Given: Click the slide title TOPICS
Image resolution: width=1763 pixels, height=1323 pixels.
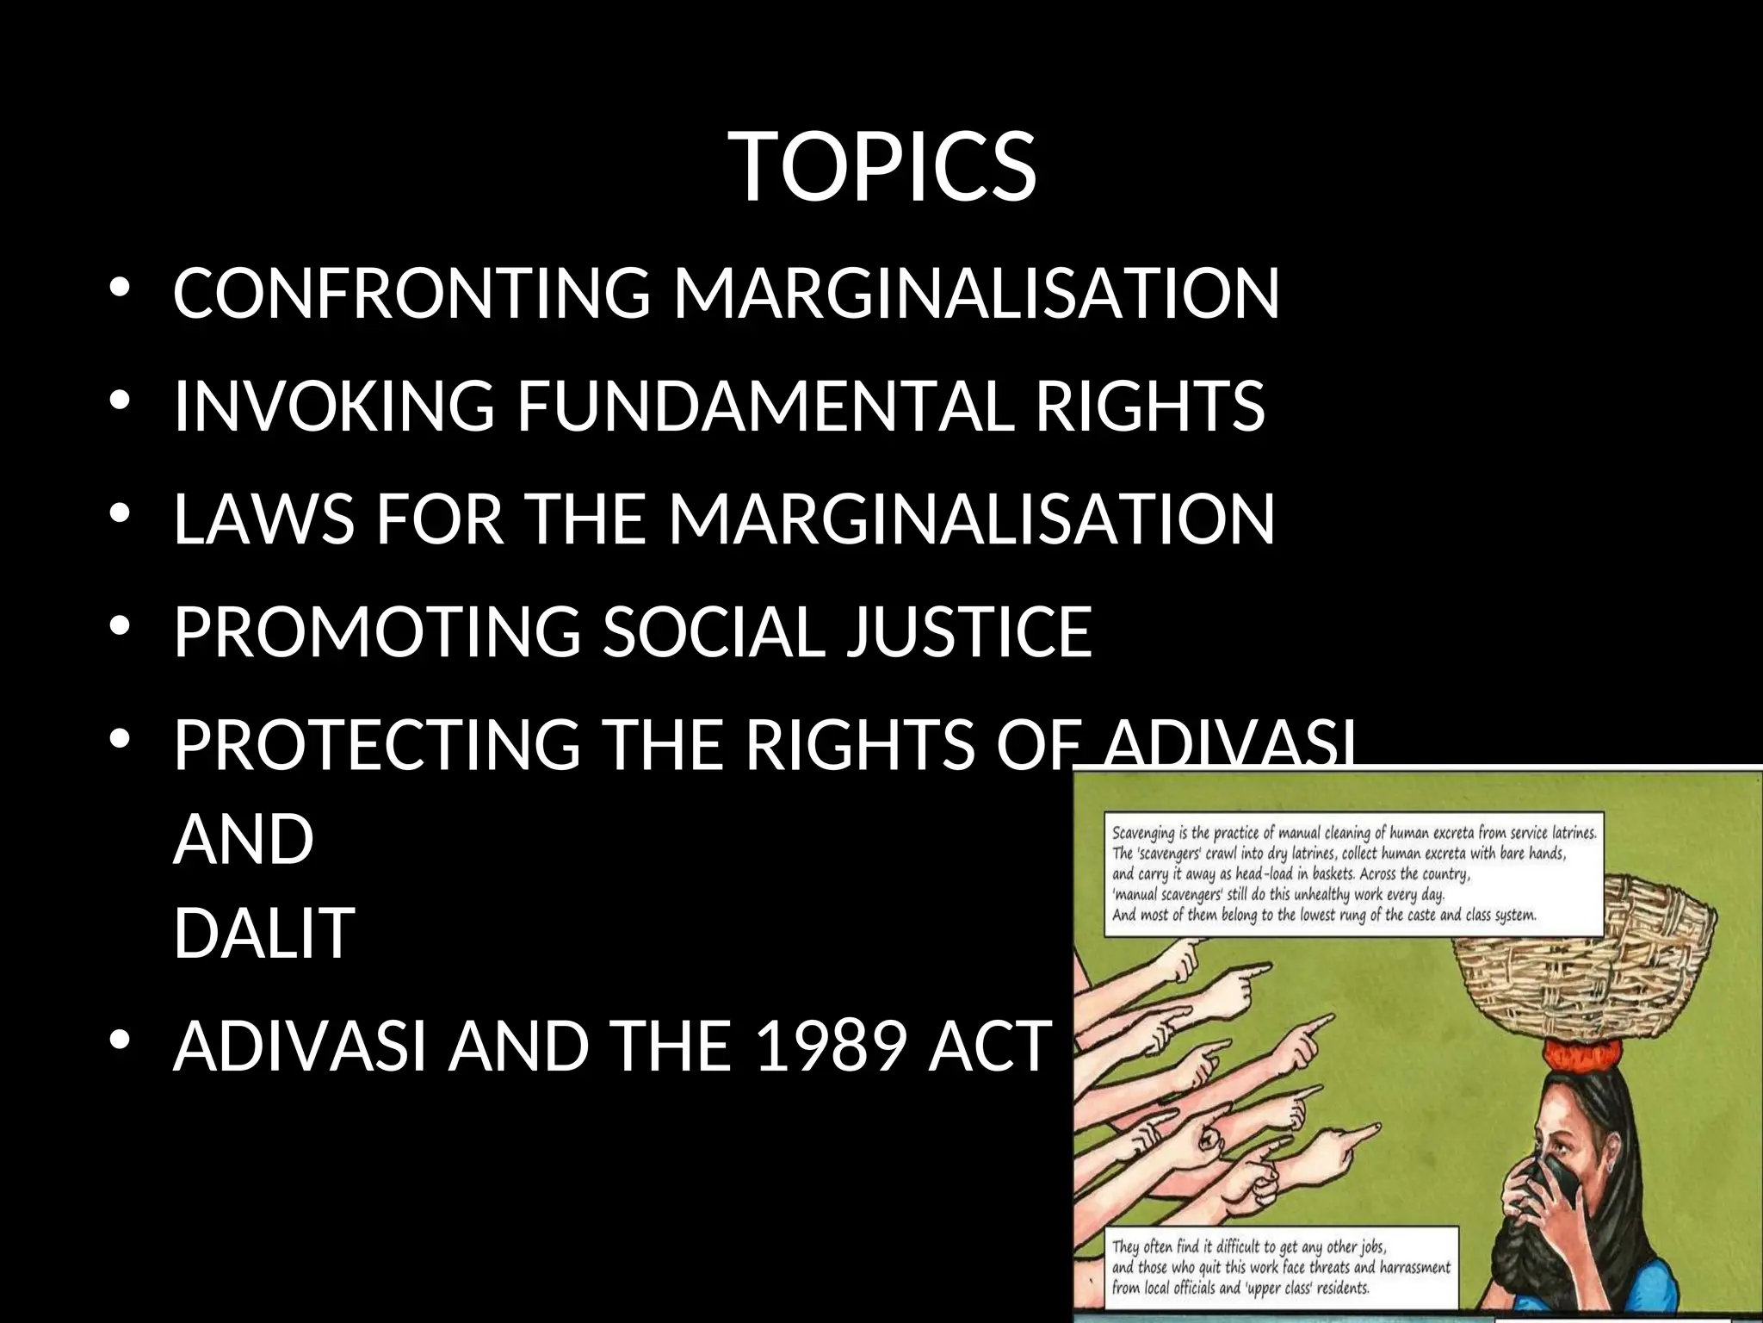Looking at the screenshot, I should (x=885, y=167).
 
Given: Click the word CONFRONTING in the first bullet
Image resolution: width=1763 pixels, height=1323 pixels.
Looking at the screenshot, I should (x=412, y=293).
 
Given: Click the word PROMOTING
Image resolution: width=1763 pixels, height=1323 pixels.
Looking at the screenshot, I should (x=377, y=632).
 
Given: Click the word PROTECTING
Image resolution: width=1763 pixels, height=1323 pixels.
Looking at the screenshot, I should (x=377, y=745).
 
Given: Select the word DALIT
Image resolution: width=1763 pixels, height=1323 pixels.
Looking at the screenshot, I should (x=264, y=932).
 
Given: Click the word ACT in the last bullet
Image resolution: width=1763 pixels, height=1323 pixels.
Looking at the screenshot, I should (x=990, y=1046).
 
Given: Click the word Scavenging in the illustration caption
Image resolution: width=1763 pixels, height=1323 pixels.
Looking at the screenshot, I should (x=1150, y=834).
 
